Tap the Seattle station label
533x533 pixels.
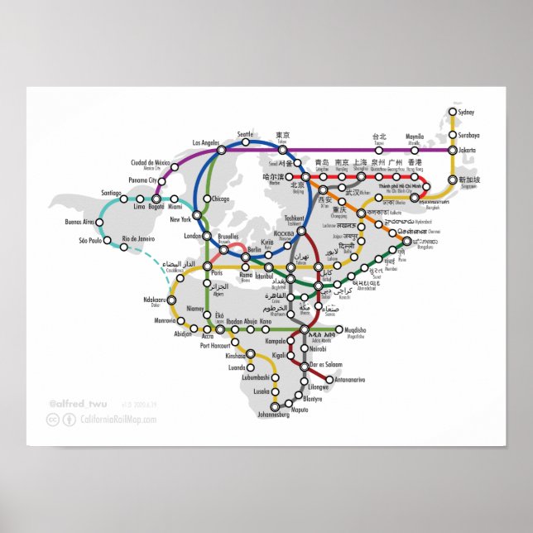pos(246,133)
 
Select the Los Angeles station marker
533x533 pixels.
pos(221,151)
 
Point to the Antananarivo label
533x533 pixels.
pos(348,379)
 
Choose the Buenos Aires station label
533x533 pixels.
pos(80,222)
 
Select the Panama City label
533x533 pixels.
pos(142,180)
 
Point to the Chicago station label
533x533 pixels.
pos(220,199)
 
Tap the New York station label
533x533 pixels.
pos(180,219)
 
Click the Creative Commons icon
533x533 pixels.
pos(52,420)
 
